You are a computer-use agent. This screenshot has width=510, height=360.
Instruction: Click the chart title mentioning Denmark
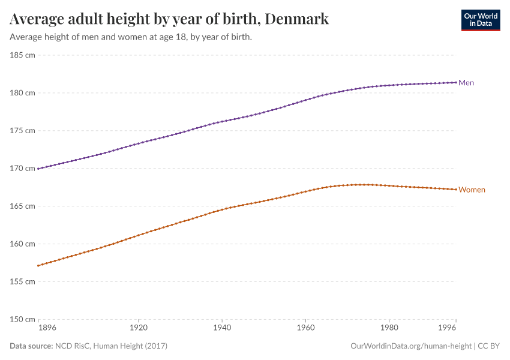(x=169, y=19)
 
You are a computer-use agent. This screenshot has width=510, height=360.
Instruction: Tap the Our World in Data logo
(x=480, y=20)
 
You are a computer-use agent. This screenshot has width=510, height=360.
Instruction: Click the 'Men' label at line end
(x=466, y=83)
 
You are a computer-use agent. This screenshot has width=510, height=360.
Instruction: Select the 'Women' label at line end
(x=472, y=190)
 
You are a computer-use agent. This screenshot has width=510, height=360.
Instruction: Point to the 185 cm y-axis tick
(x=23, y=55)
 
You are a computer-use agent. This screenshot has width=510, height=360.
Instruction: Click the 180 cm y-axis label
(x=23, y=93)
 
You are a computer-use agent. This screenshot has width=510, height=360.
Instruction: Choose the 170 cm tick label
(x=23, y=169)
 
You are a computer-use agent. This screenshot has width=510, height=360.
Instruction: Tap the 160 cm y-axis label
(x=23, y=244)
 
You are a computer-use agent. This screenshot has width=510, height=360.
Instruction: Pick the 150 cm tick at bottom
(x=23, y=319)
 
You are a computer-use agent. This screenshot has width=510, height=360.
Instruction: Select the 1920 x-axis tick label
(x=139, y=329)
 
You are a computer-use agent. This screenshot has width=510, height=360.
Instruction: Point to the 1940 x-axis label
(x=222, y=329)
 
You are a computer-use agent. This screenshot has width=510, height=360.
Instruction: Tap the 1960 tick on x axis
(x=305, y=329)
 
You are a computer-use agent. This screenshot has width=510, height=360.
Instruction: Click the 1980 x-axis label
(x=389, y=329)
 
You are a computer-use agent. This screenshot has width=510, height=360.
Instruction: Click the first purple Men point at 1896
(x=38, y=169)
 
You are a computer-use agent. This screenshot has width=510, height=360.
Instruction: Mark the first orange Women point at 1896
(x=38, y=266)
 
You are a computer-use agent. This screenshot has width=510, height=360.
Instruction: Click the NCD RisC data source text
(x=111, y=346)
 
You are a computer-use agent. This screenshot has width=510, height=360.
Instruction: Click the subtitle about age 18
(x=131, y=37)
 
